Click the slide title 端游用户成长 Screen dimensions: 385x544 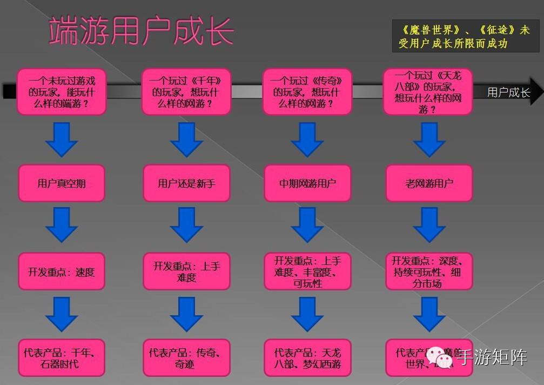point(141,31)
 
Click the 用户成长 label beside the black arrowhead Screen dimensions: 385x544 point(508,92)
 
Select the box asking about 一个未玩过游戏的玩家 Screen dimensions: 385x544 point(62,92)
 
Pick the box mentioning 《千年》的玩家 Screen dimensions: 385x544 point(186,92)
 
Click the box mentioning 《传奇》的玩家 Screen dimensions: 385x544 point(307,92)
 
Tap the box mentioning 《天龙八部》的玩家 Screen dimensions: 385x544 point(428,92)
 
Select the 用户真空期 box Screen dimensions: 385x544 point(62,183)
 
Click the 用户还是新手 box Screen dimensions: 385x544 point(186,183)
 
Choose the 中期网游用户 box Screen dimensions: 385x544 point(307,183)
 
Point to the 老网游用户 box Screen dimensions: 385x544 point(429,183)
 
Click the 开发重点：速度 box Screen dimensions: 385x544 point(62,271)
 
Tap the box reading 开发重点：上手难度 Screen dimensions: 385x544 point(186,271)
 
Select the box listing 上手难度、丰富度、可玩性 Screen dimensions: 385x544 point(307,271)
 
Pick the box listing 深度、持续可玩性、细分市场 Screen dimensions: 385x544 point(429,271)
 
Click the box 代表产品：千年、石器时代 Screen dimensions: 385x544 point(62,358)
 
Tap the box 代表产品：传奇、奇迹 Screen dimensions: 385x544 point(186,358)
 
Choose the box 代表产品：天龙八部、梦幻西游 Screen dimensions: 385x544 point(307,358)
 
